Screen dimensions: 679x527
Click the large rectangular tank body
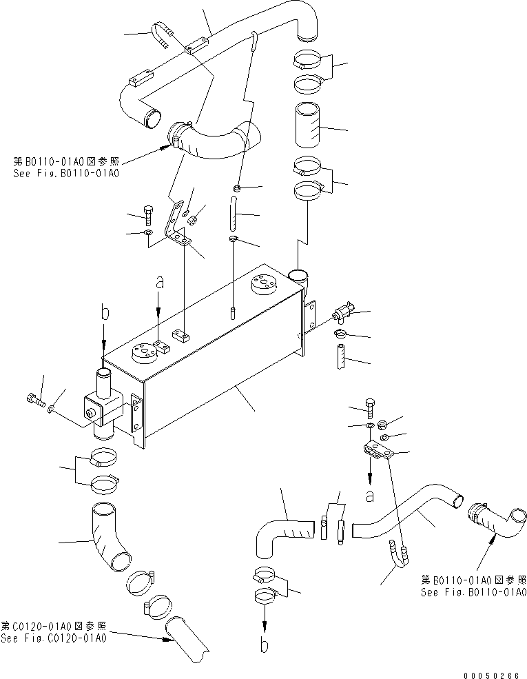click(x=214, y=358)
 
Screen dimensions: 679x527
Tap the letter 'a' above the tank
click(x=159, y=283)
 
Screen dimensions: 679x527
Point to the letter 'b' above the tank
click(x=104, y=312)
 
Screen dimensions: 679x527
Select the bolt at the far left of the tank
click(x=35, y=398)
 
